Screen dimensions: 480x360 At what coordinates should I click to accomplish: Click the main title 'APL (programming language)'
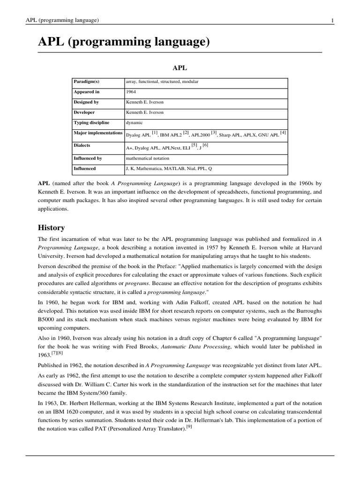coord(123,42)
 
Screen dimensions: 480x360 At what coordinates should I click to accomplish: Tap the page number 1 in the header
coord(332,20)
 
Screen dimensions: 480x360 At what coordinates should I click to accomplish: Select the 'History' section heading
coord(51,228)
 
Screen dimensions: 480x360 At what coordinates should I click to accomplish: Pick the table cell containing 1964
coord(131,92)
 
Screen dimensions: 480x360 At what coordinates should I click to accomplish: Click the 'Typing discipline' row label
coord(91,123)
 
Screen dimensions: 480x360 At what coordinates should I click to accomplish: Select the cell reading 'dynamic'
coord(134,123)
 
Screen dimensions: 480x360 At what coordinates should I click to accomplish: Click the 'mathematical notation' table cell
coord(148,158)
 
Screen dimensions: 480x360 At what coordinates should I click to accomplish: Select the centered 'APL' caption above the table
coord(180,67)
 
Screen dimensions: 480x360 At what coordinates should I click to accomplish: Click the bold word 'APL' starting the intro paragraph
coord(44,183)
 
